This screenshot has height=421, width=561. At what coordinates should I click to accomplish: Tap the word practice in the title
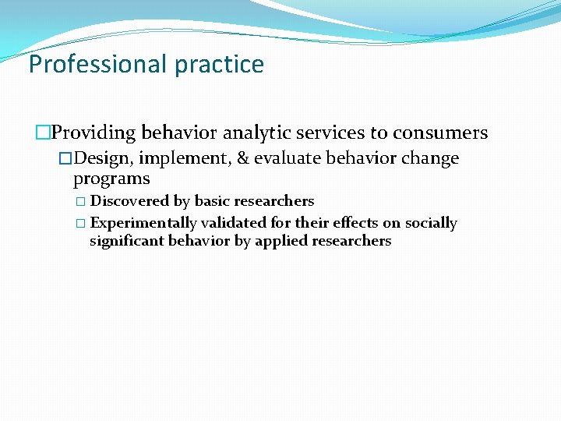coord(219,64)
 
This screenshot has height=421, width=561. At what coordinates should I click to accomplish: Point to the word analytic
coord(260,133)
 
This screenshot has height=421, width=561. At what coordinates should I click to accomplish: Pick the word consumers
coord(440,133)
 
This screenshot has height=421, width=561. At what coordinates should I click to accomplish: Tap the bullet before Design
coord(65,159)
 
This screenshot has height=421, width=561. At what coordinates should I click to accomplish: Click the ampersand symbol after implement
coord(243,159)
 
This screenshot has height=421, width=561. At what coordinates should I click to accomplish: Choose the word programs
coord(111,179)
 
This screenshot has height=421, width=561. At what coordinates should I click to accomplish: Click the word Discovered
coord(130,202)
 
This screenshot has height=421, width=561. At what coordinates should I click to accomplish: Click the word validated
coord(234,223)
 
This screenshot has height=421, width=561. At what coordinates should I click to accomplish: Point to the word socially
coord(431,223)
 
